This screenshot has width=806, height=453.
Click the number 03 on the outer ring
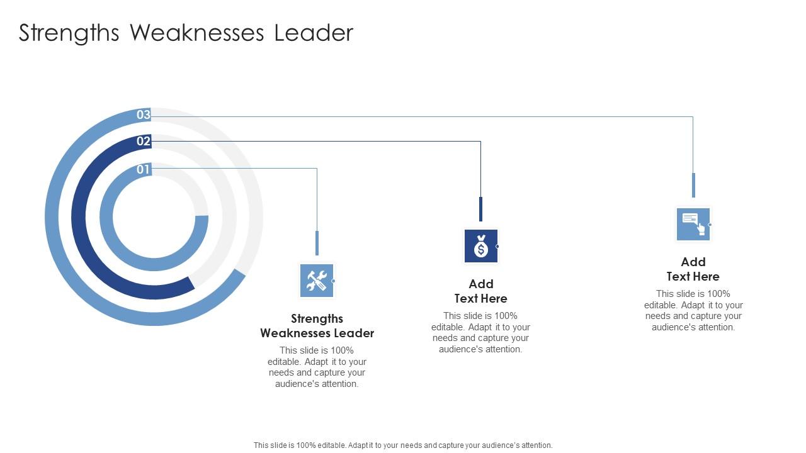point(144,115)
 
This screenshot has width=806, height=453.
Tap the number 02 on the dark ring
point(144,141)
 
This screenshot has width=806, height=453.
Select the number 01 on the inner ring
point(144,169)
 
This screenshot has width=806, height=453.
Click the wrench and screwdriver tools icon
point(317,281)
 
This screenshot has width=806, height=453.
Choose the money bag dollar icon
point(481,246)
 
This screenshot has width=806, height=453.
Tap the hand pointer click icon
point(693,224)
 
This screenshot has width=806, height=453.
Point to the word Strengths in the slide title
point(69,33)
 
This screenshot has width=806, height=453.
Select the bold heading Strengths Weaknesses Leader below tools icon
point(317,326)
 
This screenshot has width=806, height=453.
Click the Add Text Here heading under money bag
point(481,291)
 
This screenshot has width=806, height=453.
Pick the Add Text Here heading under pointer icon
point(693,269)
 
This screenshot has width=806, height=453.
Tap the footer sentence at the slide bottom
point(403,445)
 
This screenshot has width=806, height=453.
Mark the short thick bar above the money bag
point(481,209)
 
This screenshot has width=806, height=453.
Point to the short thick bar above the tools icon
point(317,243)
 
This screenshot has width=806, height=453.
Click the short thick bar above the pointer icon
point(693,185)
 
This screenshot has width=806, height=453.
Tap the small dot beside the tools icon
point(333,281)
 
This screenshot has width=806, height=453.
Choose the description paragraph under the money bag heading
point(481,332)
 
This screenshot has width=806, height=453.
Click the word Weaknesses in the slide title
point(196,33)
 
